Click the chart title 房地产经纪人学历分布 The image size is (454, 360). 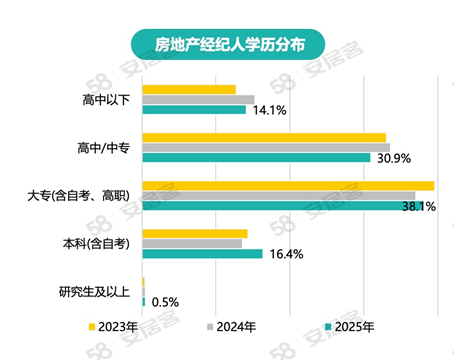[226, 43]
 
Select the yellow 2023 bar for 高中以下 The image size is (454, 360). [189, 89]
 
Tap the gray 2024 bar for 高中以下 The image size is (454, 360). [198, 99]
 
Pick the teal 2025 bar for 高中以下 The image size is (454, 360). [194, 109]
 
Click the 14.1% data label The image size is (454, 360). [268, 110]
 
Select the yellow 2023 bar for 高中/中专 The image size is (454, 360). [264, 137]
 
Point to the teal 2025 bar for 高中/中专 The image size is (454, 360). [256, 157]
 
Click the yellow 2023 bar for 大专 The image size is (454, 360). [288, 185]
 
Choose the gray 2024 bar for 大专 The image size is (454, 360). [279, 195]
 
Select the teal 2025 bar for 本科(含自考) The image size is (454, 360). [202, 253]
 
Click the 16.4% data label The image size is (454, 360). [285, 254]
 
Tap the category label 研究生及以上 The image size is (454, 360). [94, 291]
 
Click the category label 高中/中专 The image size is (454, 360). [103, 148]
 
